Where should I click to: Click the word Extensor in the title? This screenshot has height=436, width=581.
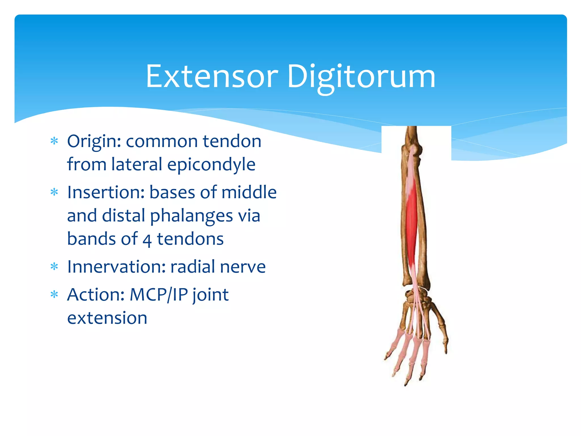212,76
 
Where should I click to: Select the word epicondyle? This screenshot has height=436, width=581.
211,165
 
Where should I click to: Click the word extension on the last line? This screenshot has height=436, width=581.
107,318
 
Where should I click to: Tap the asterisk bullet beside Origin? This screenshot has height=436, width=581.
54,141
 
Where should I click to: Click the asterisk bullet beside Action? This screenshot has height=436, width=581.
54,295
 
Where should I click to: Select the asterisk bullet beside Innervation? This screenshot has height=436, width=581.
54,267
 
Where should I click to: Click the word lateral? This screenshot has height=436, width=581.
137,164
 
